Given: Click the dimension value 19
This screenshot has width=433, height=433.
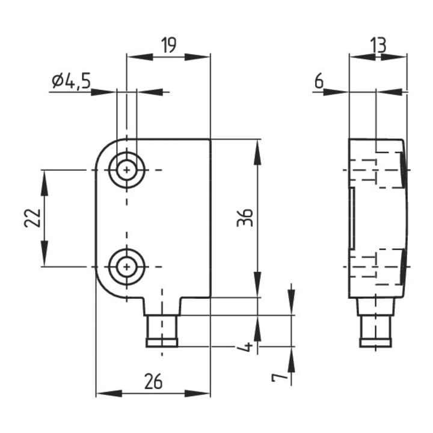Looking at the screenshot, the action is (169, 45).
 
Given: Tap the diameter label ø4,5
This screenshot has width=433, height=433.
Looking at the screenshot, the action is (71, 81).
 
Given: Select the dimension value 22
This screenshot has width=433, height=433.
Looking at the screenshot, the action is (32, 218).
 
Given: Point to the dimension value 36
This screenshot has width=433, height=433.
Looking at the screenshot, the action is (245, 218).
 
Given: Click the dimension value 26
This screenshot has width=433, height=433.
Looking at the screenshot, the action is (153, 381).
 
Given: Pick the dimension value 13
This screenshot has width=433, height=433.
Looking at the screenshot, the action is (378, 45).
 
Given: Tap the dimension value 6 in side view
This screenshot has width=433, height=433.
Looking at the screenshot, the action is (319, 81).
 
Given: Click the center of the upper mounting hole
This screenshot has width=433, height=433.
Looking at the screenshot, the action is (127, 170).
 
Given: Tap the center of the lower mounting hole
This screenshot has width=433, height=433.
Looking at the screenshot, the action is (127, 267).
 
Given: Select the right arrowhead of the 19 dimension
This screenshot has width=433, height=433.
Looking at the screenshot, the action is (197, 57).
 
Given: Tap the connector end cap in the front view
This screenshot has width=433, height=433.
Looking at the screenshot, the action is (162, 343).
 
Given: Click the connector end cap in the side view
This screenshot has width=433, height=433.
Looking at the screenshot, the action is (375, 343).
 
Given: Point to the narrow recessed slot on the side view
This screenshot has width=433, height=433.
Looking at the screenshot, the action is (352, 218).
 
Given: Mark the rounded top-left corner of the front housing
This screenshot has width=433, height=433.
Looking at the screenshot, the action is (104, 149).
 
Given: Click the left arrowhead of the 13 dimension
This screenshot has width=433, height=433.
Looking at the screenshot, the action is (362, 57).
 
